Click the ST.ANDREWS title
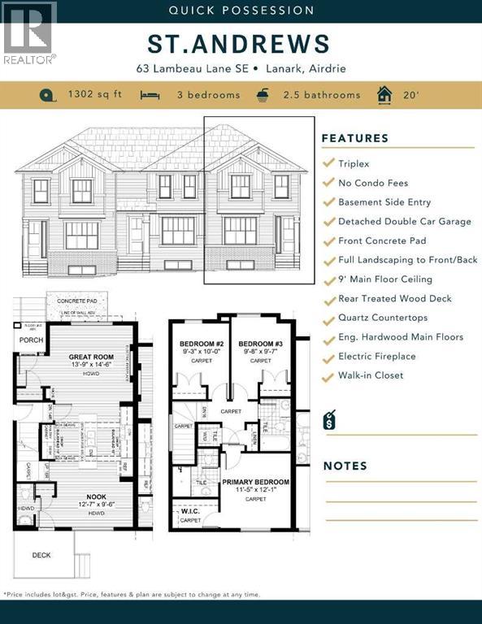pos(241,43)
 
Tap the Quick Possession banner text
pos(241,11)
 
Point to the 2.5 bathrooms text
pos(321,95)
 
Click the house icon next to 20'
pos(384,95)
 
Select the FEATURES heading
pos(355,138)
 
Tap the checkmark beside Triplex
pos(328,163)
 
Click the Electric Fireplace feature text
pos(376,357)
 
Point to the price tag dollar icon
pos(329,419)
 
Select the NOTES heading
pos(345,466)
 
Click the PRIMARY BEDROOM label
pos(256,482)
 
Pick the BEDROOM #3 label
pos(260,344)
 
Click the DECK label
pos(41,556)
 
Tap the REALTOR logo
pos(29,32)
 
